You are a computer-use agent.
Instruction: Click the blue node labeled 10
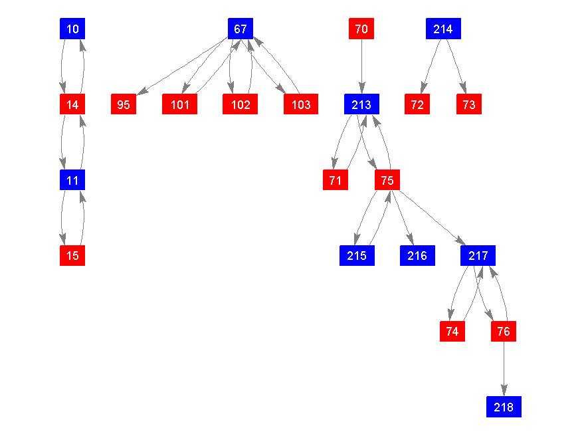tap(72, 29)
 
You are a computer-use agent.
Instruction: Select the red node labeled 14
tap(72, 104)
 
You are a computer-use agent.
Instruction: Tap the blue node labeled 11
tap(72, 179)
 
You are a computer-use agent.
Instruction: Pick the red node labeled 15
tap(72, 255)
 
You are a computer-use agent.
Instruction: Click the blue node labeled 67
tap(241, 29)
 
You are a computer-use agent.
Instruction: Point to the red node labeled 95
tap(124, 104)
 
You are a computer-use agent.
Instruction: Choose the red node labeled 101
tap(180, 104)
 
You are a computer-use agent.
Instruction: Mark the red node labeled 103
tap(301, 104)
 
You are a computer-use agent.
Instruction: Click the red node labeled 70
tap(361, 29)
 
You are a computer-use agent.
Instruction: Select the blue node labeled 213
tap(361, 104)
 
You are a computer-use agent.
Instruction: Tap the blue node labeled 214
tap(443, 29)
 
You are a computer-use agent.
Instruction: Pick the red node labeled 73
tap(469, 104)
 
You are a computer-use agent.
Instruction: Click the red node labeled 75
tap(387, 179)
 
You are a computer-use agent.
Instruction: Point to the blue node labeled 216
tap(417, 255)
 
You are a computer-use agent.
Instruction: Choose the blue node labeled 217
tap(478, 255)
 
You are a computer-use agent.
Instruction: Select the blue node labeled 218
tap(504, 407)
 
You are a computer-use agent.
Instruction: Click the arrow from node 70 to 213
tap(361, 66)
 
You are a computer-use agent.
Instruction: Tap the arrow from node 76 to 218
tap(504, 369)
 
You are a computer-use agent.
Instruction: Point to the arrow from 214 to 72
tap(431, 66)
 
